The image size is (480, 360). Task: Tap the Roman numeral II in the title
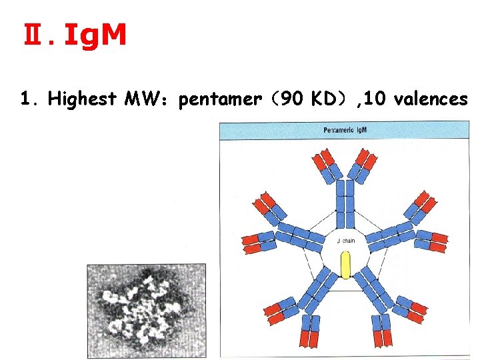(31, 37)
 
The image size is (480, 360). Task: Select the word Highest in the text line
(84, 99)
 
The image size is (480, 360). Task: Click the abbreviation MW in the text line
(149, 99)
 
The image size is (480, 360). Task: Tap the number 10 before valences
(377, 99)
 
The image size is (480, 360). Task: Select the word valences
(431, 99)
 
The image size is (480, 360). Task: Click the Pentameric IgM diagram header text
(345, 129)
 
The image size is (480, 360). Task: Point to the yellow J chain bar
(345, 265)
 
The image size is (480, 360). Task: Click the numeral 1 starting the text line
(25, 99)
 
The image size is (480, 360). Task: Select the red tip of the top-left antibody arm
(325, 159)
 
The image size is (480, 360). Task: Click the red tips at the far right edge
(439, 242)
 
